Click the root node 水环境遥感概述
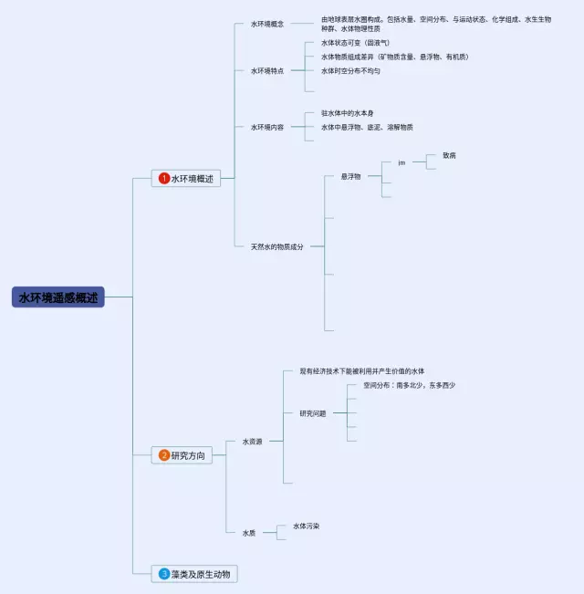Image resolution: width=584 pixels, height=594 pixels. click(x=58, y=297)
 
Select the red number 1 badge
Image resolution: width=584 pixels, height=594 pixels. click(x=164, y=179)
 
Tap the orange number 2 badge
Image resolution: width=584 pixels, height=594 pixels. click(x=164, y=455)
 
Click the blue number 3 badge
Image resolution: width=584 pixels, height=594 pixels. click(x=164, y=574)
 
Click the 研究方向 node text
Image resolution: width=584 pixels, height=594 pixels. click(x=188, y=455)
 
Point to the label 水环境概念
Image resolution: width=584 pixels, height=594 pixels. click(x=267, y=24)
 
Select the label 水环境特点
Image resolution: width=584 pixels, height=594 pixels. click(x=267, y=70)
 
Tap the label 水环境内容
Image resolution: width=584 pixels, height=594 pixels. click(x=267, y=127)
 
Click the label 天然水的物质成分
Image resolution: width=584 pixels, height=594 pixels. click(x=277, y=246)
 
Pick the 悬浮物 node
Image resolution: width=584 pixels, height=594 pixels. click(x=351, y=176)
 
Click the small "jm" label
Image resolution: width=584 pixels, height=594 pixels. click(x=401, y=162)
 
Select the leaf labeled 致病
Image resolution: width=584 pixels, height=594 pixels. click(x=449, y=155)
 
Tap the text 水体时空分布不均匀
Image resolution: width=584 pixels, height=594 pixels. click(x=350, y=70)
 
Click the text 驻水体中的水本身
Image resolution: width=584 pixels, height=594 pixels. click(x=348, y=113)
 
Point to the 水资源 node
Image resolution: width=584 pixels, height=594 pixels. click(x=252, y=442)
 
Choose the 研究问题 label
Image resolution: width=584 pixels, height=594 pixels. click(x=313, y=413)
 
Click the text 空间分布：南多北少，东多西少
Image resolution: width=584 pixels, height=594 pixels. click(x=409, y=385)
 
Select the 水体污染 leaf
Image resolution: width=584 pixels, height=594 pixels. click(x=307, y=526)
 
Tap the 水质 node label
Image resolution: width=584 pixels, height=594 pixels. click(x=249, y=533)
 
